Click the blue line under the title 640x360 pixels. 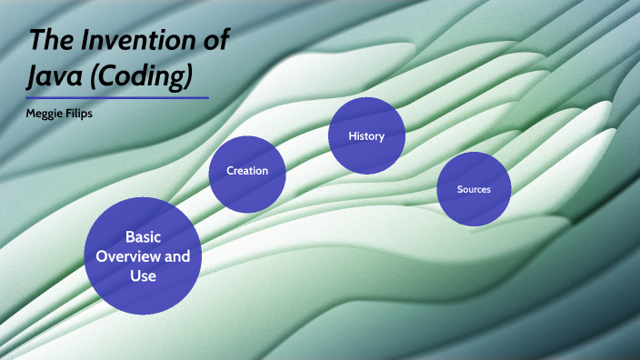tap(117, 97)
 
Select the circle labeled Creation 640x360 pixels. tap(247, 171)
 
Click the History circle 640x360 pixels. tap(366, 136)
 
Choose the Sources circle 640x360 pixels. tap(474, 189)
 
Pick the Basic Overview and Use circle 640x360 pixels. tap(143, 255)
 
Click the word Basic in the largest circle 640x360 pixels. tap(143, 237)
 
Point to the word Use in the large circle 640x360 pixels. tap(143, 275)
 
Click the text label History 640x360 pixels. tap(366, 136)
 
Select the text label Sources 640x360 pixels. tap(474, 189)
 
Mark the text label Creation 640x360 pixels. tap(247, 171)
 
